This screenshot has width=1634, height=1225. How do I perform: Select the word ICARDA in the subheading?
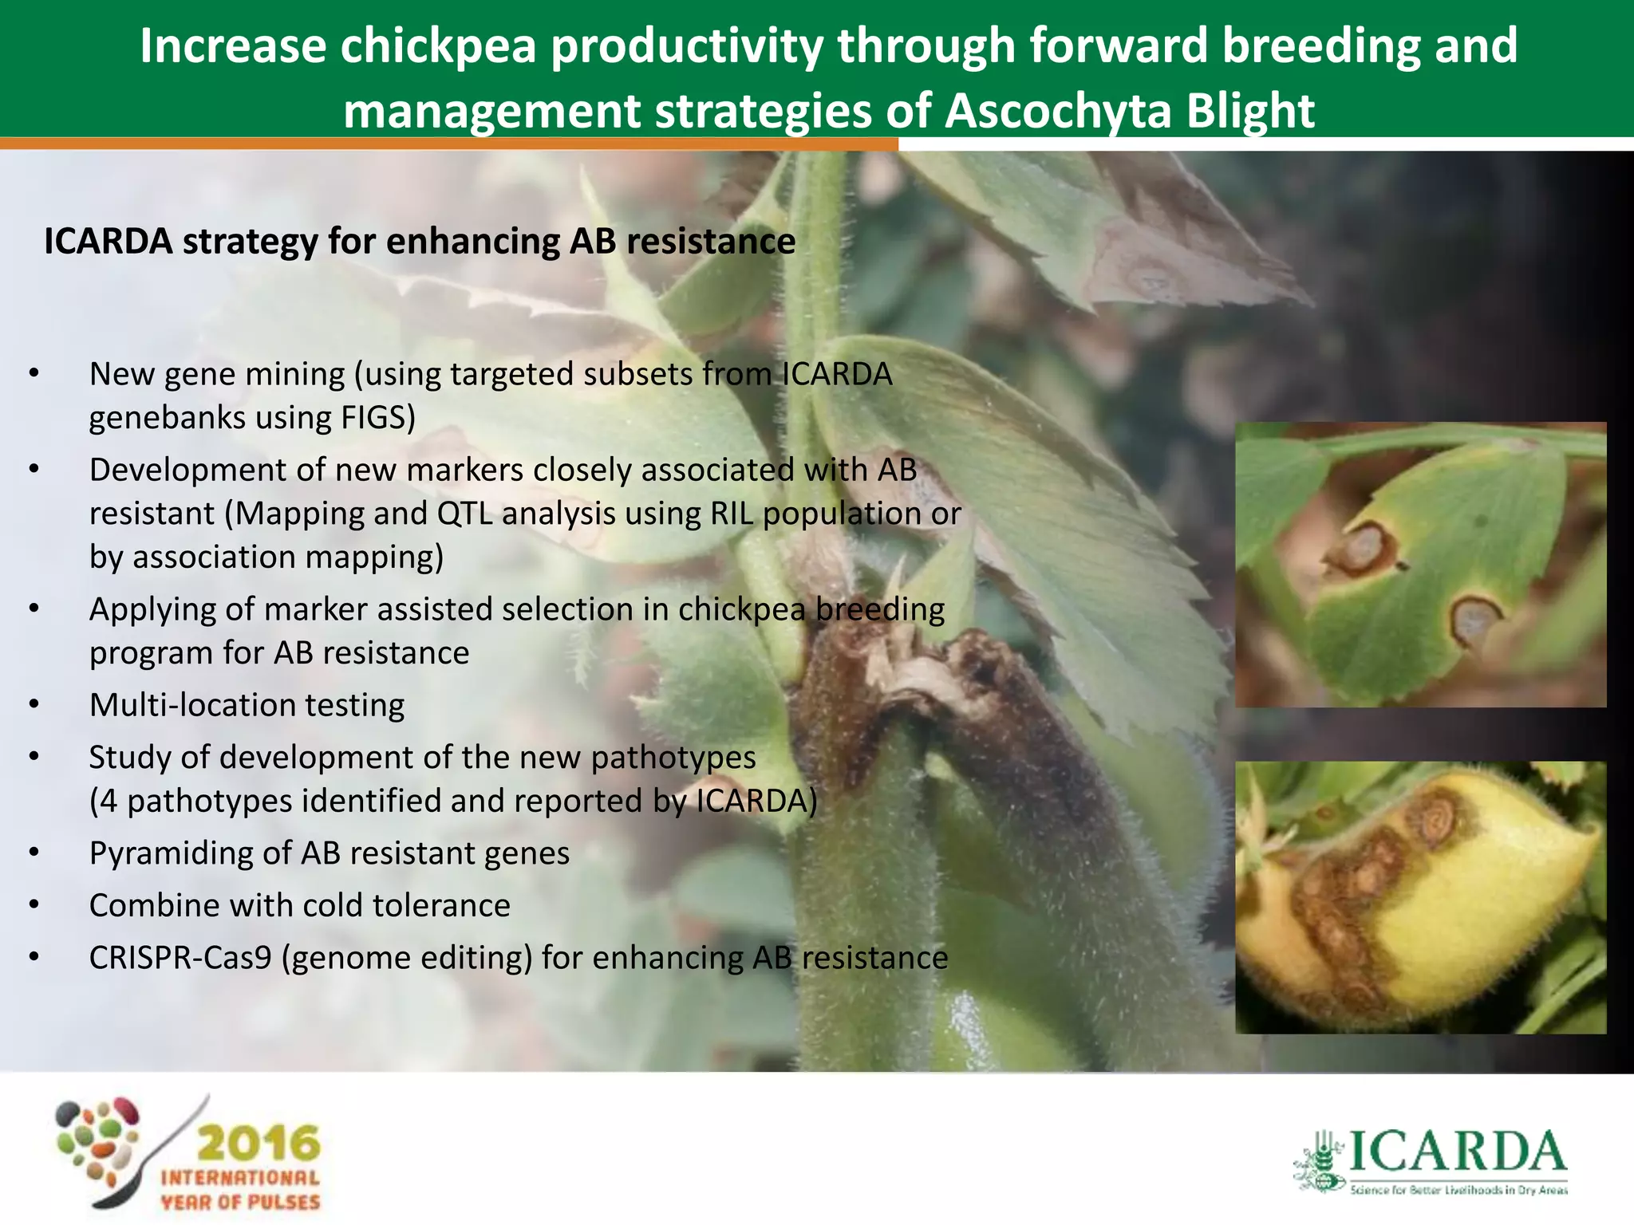pos(108,242)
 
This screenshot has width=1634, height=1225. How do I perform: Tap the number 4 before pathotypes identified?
pos(109,801)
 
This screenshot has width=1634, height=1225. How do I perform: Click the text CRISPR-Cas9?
pos(180,958)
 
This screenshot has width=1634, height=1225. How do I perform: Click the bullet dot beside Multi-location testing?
pos(34,705)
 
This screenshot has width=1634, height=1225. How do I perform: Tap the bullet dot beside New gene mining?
pos(34,373)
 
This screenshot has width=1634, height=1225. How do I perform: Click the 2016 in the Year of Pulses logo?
pos(258,1144)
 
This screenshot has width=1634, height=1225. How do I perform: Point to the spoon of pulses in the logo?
pos(104,1148)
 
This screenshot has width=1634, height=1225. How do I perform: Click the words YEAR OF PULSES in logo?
pos(240,1202)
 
